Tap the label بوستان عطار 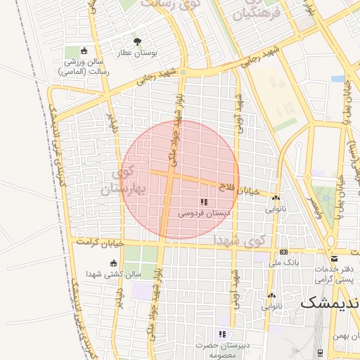click(155, 53)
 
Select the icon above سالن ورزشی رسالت click(84, 51)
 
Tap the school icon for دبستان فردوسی click(203, 202)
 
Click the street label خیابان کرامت click(103, 242)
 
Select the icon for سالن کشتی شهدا click(113, 264)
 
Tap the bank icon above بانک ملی click(283, 252)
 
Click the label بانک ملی click(283, 263)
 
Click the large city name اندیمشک click(330, 303)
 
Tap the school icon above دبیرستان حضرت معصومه click(223, 334)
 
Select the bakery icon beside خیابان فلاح click(276, 198)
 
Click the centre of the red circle click(179, 179)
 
